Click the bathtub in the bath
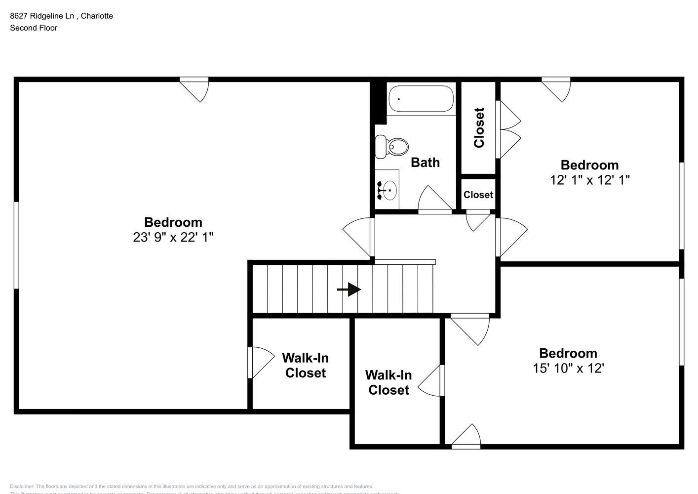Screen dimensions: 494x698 (421, 99)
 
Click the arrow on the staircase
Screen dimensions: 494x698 (349, 289)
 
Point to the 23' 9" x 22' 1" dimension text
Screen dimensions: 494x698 (173, 238)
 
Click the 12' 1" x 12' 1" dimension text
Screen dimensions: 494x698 (589, 180)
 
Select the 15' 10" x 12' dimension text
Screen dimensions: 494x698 (568, 369)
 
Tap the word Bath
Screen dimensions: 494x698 (425, 163)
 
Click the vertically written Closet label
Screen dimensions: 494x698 (479, 127)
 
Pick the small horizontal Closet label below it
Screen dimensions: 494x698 (478, 195)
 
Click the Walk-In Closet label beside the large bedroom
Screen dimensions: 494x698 (305, 366)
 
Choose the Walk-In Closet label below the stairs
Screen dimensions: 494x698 (388, 383)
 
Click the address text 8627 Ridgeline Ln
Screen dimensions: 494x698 (42, 16)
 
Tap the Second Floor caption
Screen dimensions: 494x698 (34, 28)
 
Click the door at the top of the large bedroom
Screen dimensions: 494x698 (195, 89)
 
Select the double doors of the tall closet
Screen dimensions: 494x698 (508, 130)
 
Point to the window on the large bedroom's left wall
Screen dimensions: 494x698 (16, 245)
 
